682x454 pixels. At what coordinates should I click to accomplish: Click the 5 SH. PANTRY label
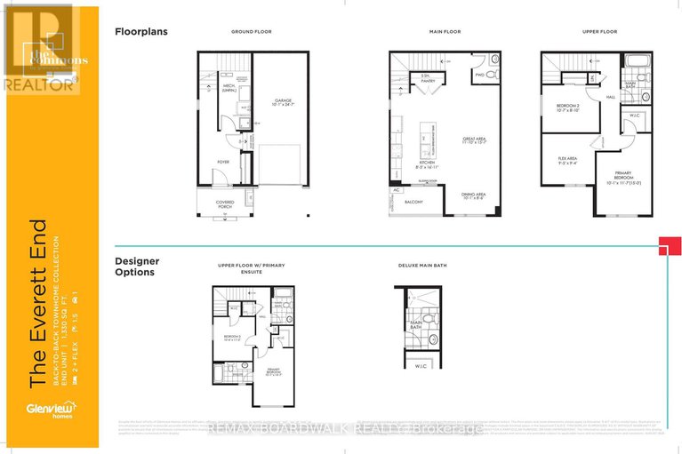pyautogui.click(x=427, y=79)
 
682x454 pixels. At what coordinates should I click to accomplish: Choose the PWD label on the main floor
pyautogui.click(x=479, y=76)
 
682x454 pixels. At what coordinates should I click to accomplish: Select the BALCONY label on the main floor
pyautogui.click(x=414, y=202)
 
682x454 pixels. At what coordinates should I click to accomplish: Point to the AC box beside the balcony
pyautogui.click(x=394, y=190)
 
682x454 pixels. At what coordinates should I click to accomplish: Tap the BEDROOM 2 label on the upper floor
pyautogui.click(x=567, y=107)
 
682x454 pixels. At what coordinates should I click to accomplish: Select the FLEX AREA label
pyautogui.click(x=566, y=161)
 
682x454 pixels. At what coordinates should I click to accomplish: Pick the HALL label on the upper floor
pyautogui.click(x=611, y=97)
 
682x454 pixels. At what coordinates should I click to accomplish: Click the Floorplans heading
pyautogui.click(x=141, y=31)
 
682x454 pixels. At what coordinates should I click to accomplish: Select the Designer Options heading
pyautogui.click(x=137, y=267)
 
